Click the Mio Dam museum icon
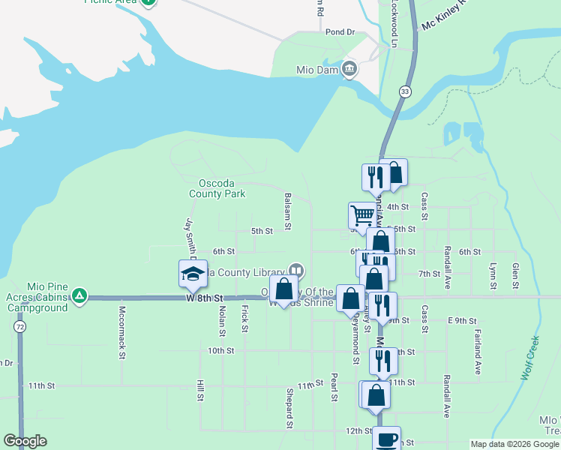[349, 70]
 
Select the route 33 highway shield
[405, 91]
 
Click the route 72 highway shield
[19, 328]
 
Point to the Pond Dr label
[339, 32]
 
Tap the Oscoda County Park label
[221, 188]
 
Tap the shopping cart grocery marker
[362, 215]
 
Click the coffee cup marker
[387, 439]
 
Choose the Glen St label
[515, 276]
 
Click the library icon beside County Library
[296, 271]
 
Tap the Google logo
[25, 441]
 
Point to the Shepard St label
[289, 408]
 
